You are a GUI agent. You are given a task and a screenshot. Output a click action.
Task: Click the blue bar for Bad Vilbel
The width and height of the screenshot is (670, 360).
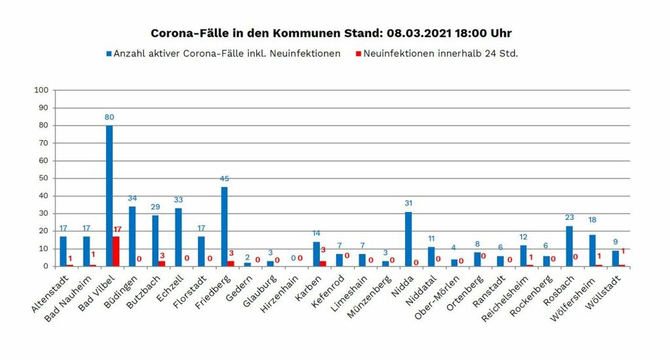[x=109, y=196]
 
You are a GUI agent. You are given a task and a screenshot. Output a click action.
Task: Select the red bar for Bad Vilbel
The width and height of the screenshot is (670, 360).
[x=116, y=251]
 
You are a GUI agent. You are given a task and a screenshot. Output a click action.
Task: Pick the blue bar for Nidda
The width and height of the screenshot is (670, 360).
[x=408, y=239]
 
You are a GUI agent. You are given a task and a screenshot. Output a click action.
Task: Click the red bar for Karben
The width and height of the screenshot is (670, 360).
[x=323, y=264]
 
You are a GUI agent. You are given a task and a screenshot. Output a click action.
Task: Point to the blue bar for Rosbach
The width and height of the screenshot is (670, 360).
[x=569, y=246]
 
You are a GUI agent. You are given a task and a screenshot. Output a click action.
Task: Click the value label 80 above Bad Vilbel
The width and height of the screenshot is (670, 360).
[x=109, y=117]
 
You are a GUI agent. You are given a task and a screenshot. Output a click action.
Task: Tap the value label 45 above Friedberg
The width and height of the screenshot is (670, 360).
[x=224, y=179]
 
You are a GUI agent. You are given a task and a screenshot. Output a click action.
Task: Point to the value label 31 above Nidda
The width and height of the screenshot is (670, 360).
[x=408, y=204]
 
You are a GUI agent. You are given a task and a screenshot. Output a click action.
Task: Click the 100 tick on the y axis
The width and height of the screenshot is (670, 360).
[x=41, y=90]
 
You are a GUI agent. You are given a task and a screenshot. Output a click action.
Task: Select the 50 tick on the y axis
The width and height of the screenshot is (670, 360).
[x=43, y=178]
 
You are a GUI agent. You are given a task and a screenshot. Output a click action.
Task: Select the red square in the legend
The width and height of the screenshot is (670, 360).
[x=359, y=54]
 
